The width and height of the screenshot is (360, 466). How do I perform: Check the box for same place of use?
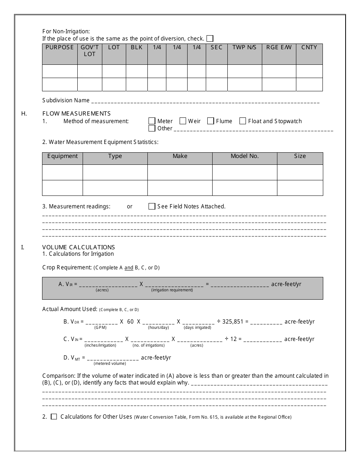210,38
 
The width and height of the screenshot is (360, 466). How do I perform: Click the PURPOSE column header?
59,47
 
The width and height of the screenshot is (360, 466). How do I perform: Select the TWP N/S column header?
244,47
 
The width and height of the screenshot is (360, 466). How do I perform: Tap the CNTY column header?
309,47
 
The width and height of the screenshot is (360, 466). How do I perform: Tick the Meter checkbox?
152,121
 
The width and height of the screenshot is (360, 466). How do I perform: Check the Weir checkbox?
183,121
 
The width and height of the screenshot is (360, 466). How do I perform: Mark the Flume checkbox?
211,121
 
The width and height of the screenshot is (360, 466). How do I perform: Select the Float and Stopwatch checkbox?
243,121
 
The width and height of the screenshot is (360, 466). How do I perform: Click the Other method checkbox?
152,128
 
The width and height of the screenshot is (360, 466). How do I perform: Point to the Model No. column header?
244,156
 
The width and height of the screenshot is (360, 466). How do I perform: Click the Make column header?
180,156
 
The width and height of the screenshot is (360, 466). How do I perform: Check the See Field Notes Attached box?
152,206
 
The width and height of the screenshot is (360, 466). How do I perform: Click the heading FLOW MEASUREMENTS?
76,113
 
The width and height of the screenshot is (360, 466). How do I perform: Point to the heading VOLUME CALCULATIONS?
78,247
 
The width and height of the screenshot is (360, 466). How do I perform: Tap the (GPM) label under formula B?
100,327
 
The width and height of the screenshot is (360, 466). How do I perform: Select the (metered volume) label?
110,363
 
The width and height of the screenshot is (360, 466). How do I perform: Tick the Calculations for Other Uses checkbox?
54,417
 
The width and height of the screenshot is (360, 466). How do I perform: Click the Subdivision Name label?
66,100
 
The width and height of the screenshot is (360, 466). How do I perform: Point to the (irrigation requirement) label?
172,290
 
